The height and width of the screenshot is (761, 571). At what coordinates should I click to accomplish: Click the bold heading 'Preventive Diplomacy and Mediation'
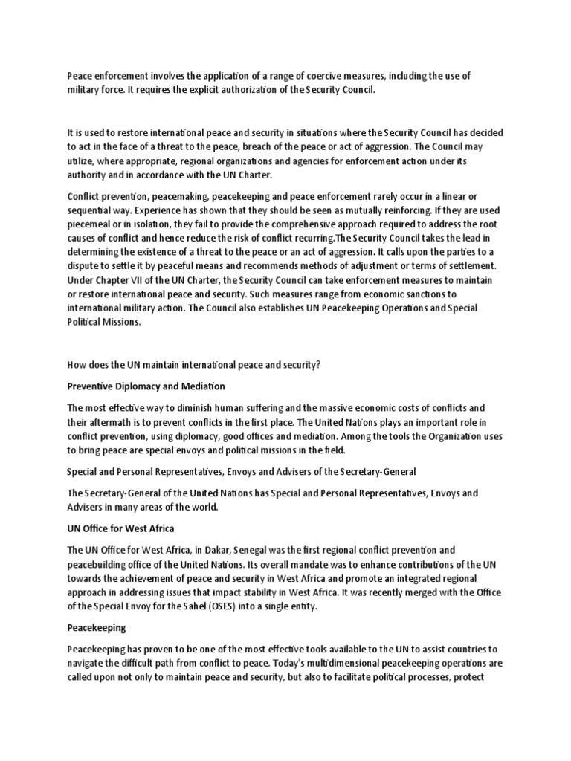click(x=146, y=386)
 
